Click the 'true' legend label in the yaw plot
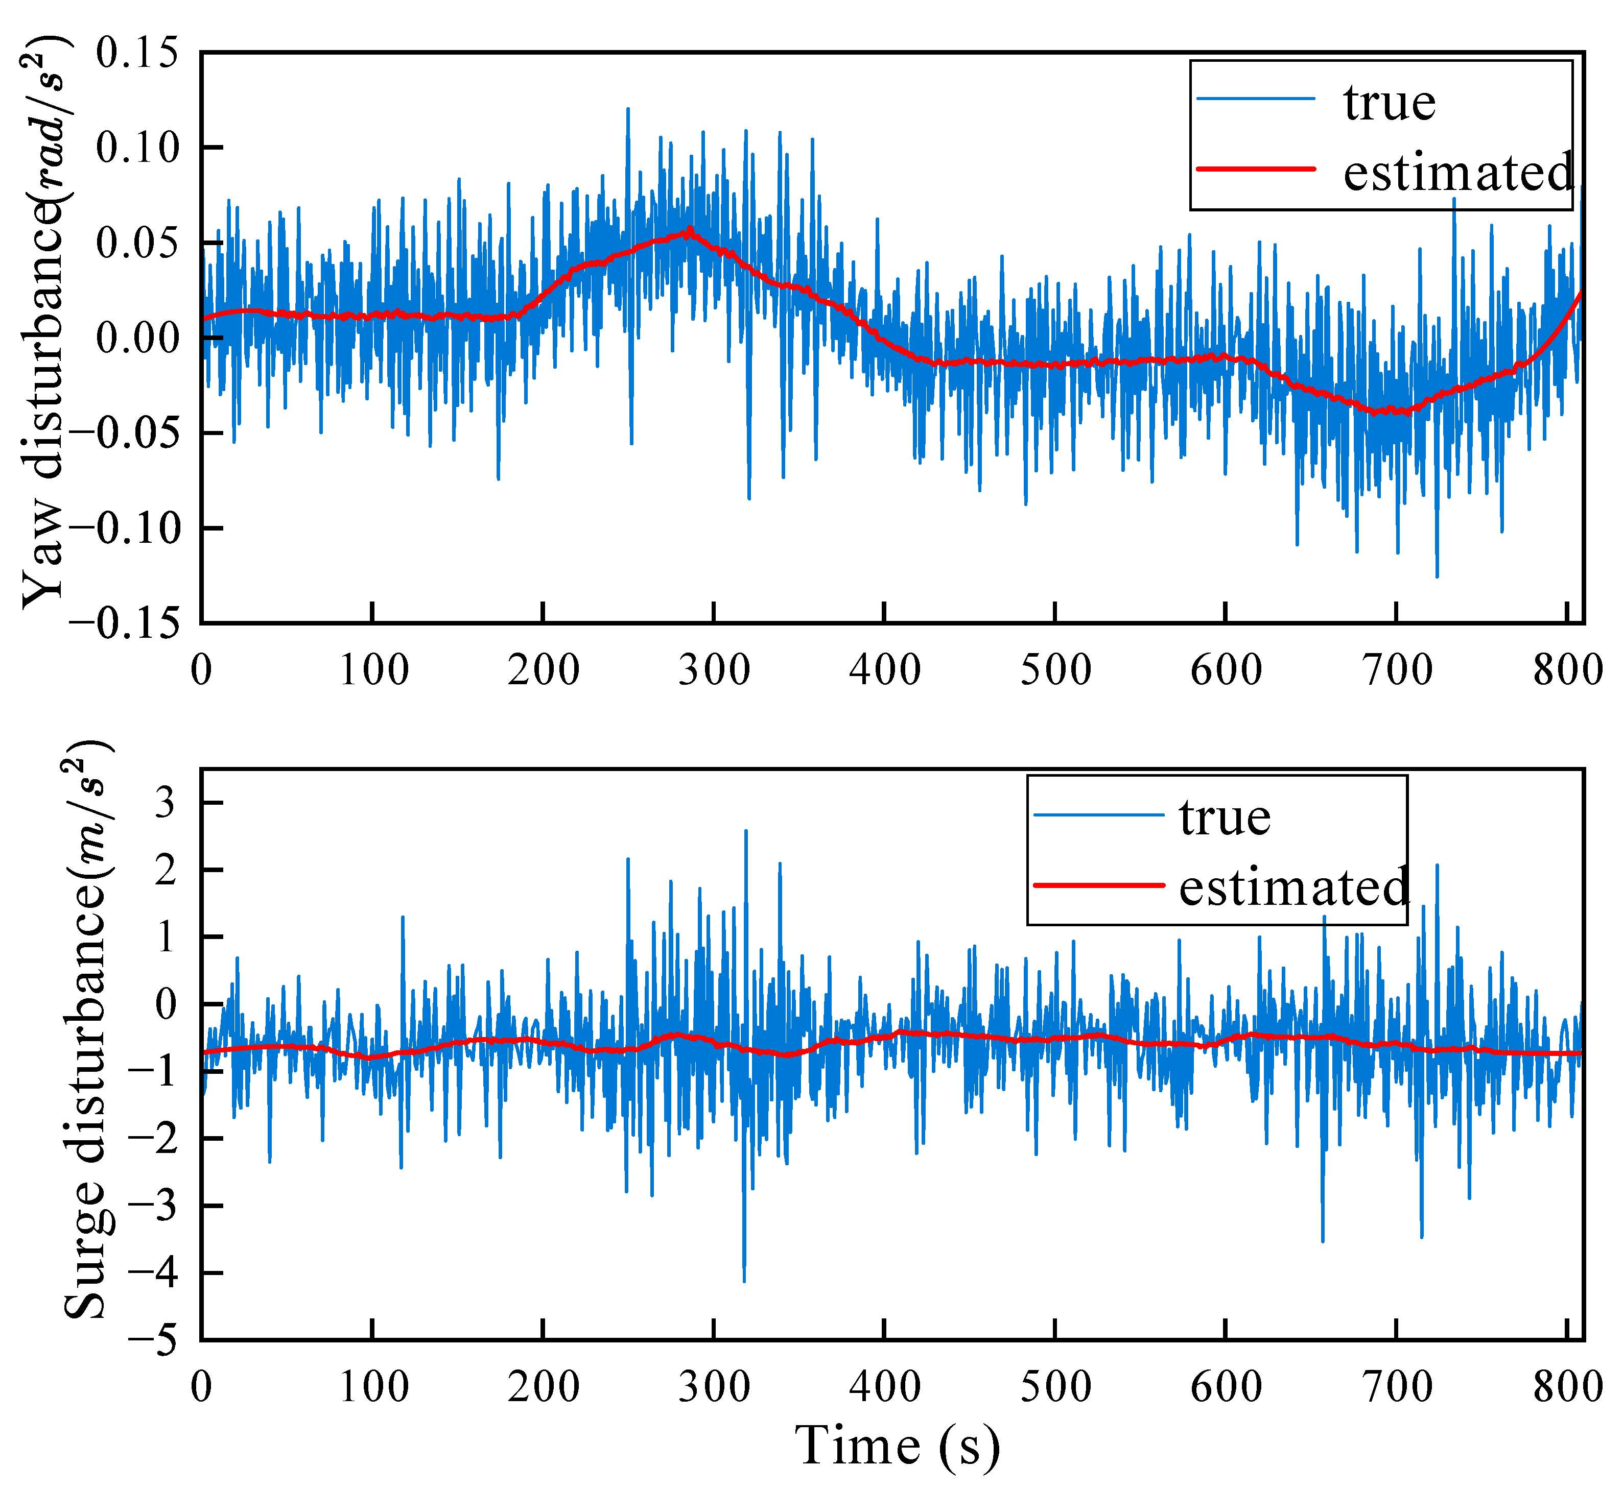[1389, 103]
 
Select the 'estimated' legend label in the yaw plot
[1457, 173]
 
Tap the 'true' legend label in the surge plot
[1225, 818]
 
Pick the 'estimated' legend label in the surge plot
[1293, 887]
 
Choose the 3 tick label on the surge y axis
[166, 804]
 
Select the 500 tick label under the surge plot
[1055, 1387]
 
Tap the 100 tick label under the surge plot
[373, 1387]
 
